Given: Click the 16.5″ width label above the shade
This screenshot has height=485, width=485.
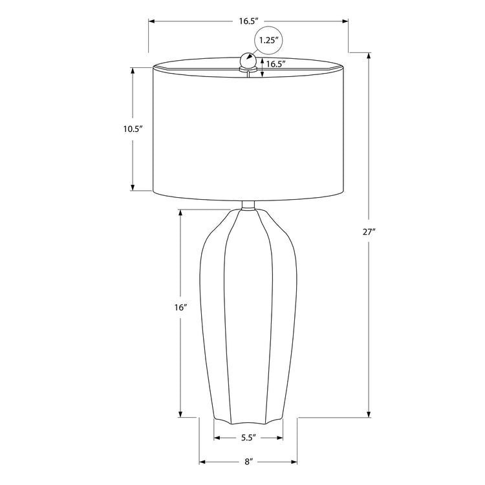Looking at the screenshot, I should coord(248,21).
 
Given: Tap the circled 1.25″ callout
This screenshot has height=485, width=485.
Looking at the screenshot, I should coord(268,40).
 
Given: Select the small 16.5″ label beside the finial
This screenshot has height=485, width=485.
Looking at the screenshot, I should coord(276,63).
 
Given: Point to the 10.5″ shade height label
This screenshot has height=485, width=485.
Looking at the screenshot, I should coord(133,129).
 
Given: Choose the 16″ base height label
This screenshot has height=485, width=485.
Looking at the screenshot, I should coord(181,308).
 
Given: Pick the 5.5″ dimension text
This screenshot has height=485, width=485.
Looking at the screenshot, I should coord(248,438).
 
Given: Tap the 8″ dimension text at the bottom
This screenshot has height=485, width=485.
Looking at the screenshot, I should coord(248,462).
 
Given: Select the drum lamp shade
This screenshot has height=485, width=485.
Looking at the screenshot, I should coord(248,129).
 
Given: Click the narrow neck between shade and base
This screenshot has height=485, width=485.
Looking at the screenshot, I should coord(248,206).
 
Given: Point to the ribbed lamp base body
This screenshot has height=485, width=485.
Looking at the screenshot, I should coord(248,310).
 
